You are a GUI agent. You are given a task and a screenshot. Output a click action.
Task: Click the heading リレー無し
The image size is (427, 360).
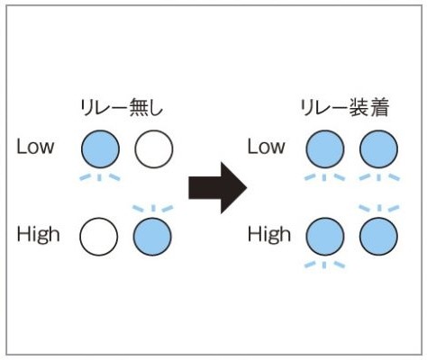tap(122, 108)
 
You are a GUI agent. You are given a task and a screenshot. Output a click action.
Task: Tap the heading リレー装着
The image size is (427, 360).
tap(345, 108)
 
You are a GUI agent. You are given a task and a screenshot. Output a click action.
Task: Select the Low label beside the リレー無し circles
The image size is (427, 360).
tap(35, 147)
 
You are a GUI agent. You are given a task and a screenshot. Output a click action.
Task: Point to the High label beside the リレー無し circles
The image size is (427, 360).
tap(38, 234)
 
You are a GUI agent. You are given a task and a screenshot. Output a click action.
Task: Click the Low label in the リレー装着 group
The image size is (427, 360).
tap(266, 147)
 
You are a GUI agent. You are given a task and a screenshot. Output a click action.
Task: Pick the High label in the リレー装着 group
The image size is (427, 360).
tap(269, 234)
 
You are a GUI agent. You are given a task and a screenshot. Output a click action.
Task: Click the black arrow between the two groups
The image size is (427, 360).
tap(217, 188)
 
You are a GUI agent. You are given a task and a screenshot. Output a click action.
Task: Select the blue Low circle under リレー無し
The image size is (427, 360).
tap(100, 148)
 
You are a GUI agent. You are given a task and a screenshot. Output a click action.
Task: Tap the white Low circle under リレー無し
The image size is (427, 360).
tap(154, 148)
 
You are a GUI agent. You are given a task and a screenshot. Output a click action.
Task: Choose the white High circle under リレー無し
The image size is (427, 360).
tap(99, 237)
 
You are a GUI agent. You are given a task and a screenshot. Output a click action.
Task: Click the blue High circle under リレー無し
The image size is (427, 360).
tap(152, 237)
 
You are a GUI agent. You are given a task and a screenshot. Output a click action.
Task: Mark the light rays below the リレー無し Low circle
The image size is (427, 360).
tap(100, 177)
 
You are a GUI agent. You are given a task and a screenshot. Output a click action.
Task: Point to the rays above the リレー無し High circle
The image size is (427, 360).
tap(153, 208)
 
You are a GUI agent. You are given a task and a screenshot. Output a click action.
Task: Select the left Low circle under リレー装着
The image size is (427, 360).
tap(325, 148)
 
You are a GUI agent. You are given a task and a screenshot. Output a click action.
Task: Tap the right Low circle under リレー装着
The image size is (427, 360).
tap(378, 148)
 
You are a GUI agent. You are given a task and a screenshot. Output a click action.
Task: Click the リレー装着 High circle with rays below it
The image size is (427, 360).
tap(325, 237)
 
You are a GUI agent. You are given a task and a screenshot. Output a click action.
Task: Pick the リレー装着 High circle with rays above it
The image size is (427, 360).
tap(378, 237)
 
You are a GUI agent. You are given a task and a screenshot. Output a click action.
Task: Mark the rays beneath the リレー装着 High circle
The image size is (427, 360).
tap(324, 265)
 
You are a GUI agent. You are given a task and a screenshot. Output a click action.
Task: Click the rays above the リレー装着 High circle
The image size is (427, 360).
tap(379, 208)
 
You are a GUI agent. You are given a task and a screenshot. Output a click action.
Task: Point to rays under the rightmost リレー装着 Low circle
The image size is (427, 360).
tap(379, 177)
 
